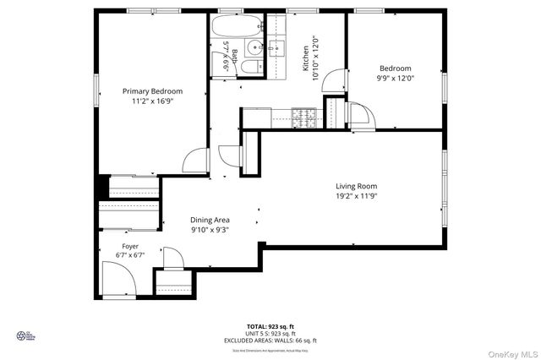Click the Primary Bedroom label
pyautogui.click(x=152, y=91)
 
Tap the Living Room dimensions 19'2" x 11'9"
pyautogui.click(x=356, y=196)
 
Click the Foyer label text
pyautogui.click(x=129, y=246)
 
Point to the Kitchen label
pyautogui.click(x=306, y=59)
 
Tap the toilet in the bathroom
pyautogui.click(x=251, y=68)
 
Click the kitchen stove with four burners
pyautogui.click(x=303, y=113)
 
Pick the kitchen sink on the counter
pyautogui.click(x=276, y=48)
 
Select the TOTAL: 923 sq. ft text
pyautogui.click(x=270, y=325)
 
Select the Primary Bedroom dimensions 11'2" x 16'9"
pyautogui.click(x=152, y=101)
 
